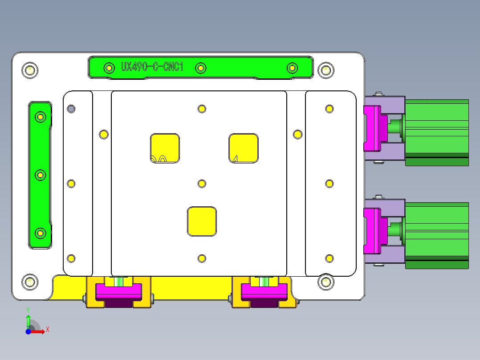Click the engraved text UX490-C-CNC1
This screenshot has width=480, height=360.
(x=152, y=67)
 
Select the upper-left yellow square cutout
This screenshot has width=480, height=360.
(x=165, y=148)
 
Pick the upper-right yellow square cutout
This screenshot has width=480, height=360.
(x=244, y=148)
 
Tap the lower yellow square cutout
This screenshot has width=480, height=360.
(x=202, y=221)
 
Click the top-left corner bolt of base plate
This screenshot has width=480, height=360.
(x=30, y=70)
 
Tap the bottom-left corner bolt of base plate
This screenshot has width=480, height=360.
(x=30, y=282)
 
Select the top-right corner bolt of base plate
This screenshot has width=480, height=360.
(x=326, y=70)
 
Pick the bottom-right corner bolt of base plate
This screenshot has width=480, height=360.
(x=326, y=282)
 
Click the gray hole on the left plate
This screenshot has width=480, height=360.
(x=71, y=109)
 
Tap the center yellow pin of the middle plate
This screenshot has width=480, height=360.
(x=202, y=184)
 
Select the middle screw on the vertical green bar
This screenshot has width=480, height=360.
(x=41, y=175)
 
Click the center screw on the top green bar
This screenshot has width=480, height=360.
(x=201, y=68)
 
